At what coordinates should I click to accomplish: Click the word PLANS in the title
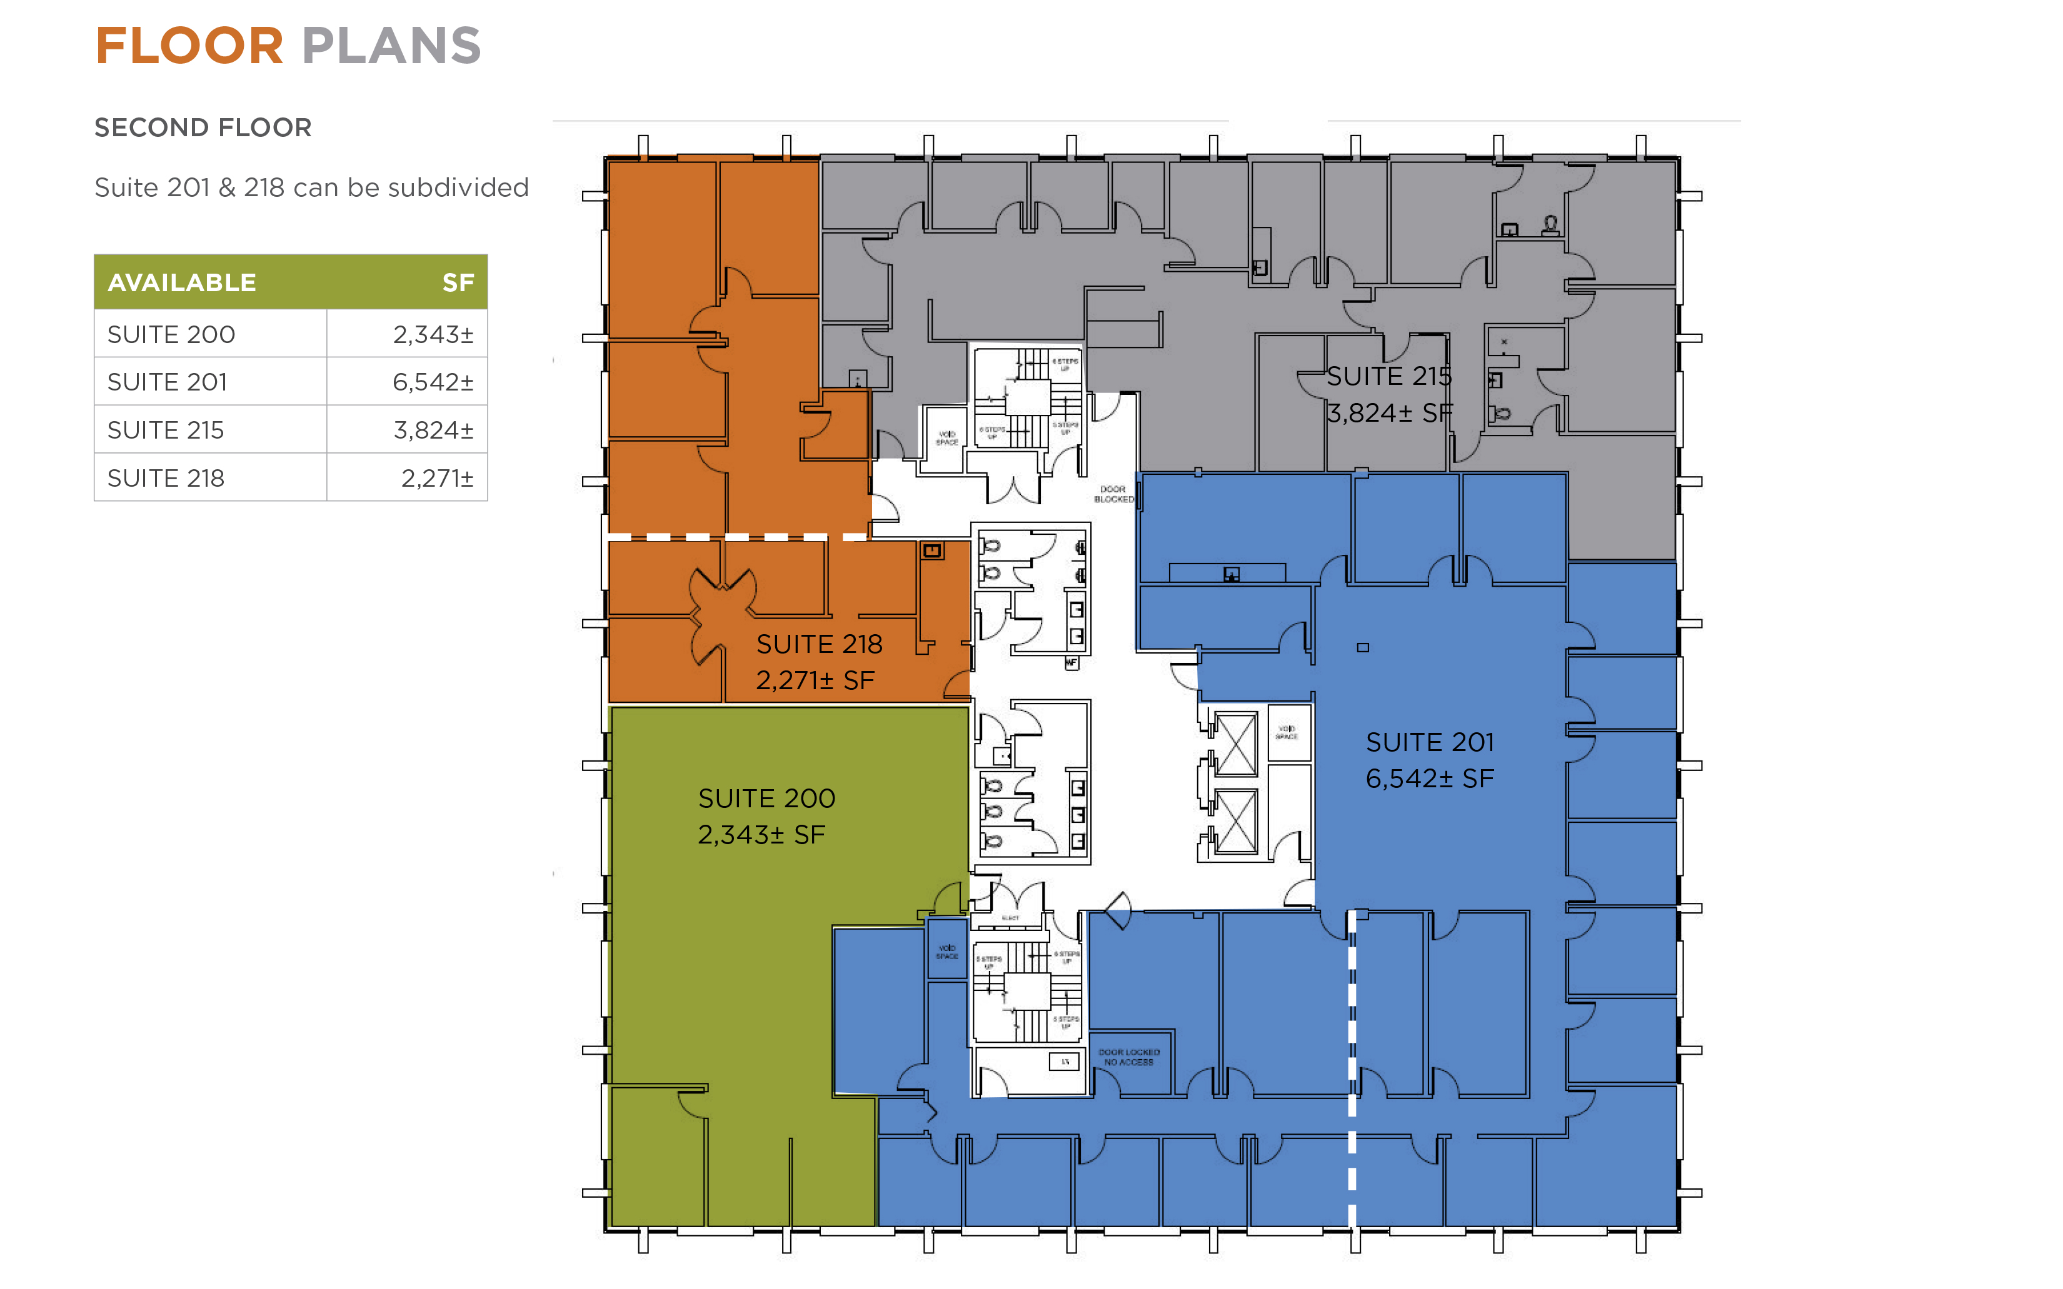(x=391, y=46)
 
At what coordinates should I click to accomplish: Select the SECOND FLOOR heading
(x=203, y=128)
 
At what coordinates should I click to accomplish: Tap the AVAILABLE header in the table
(x=182, y=282)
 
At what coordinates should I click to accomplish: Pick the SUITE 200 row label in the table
(x=171, y=334)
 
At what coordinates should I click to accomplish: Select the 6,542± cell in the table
(x=433, y=382)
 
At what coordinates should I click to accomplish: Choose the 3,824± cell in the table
(x=433, y=430)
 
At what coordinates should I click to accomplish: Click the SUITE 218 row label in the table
(x=166, y=477)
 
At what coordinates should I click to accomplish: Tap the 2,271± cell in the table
(x=436, y=477)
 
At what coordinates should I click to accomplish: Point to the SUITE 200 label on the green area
(x=766, y=799)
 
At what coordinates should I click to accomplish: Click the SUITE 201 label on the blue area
(x=1429, y=742)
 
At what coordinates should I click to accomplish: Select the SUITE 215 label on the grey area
(x=1388, y=376)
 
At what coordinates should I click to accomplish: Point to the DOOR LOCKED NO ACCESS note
(x=1128, y=1057)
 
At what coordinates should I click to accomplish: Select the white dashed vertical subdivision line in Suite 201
(x=1352, y=1066)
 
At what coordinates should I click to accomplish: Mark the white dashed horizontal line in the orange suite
(x=738, y=537)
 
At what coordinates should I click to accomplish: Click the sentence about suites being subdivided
(x=311, y=187)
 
